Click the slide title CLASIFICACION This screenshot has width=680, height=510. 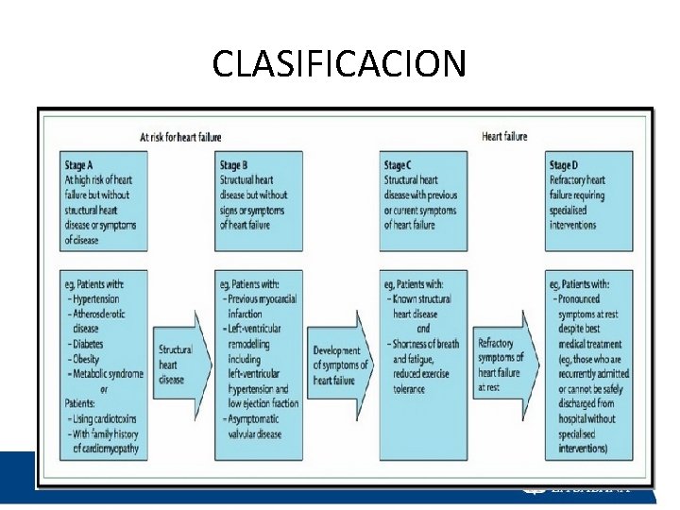[339, 63]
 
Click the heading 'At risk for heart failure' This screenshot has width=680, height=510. [180, 137]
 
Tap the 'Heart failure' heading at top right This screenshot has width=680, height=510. [505, 137]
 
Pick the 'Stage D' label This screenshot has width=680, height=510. [564, 164]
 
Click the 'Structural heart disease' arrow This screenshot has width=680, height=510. [178, 365]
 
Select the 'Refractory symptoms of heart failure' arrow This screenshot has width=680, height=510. [502, 365]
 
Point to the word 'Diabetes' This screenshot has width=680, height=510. [92, 344]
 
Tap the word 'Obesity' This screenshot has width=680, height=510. [90, 359]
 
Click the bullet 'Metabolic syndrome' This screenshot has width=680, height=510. [108, 374]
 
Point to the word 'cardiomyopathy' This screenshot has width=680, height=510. [106, 449]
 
